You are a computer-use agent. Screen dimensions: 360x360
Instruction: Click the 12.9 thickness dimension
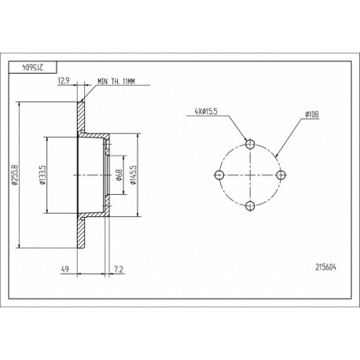click(63, 81)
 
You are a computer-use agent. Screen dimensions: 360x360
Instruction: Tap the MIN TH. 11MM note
click(116, 82)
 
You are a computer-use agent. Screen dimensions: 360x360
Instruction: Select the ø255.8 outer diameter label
click(14, 174)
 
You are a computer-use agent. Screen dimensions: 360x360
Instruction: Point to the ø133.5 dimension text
click(42, 174)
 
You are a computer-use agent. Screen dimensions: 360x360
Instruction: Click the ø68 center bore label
click(119, 175)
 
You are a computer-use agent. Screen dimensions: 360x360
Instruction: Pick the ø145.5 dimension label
click(134, 174)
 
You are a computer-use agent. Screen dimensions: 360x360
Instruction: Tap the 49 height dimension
click(64, 269)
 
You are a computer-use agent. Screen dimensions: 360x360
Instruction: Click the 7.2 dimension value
click(119, 269)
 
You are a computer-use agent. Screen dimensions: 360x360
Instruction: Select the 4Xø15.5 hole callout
click(206, 112)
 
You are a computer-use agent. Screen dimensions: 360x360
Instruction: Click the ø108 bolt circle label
click(312, 114)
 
